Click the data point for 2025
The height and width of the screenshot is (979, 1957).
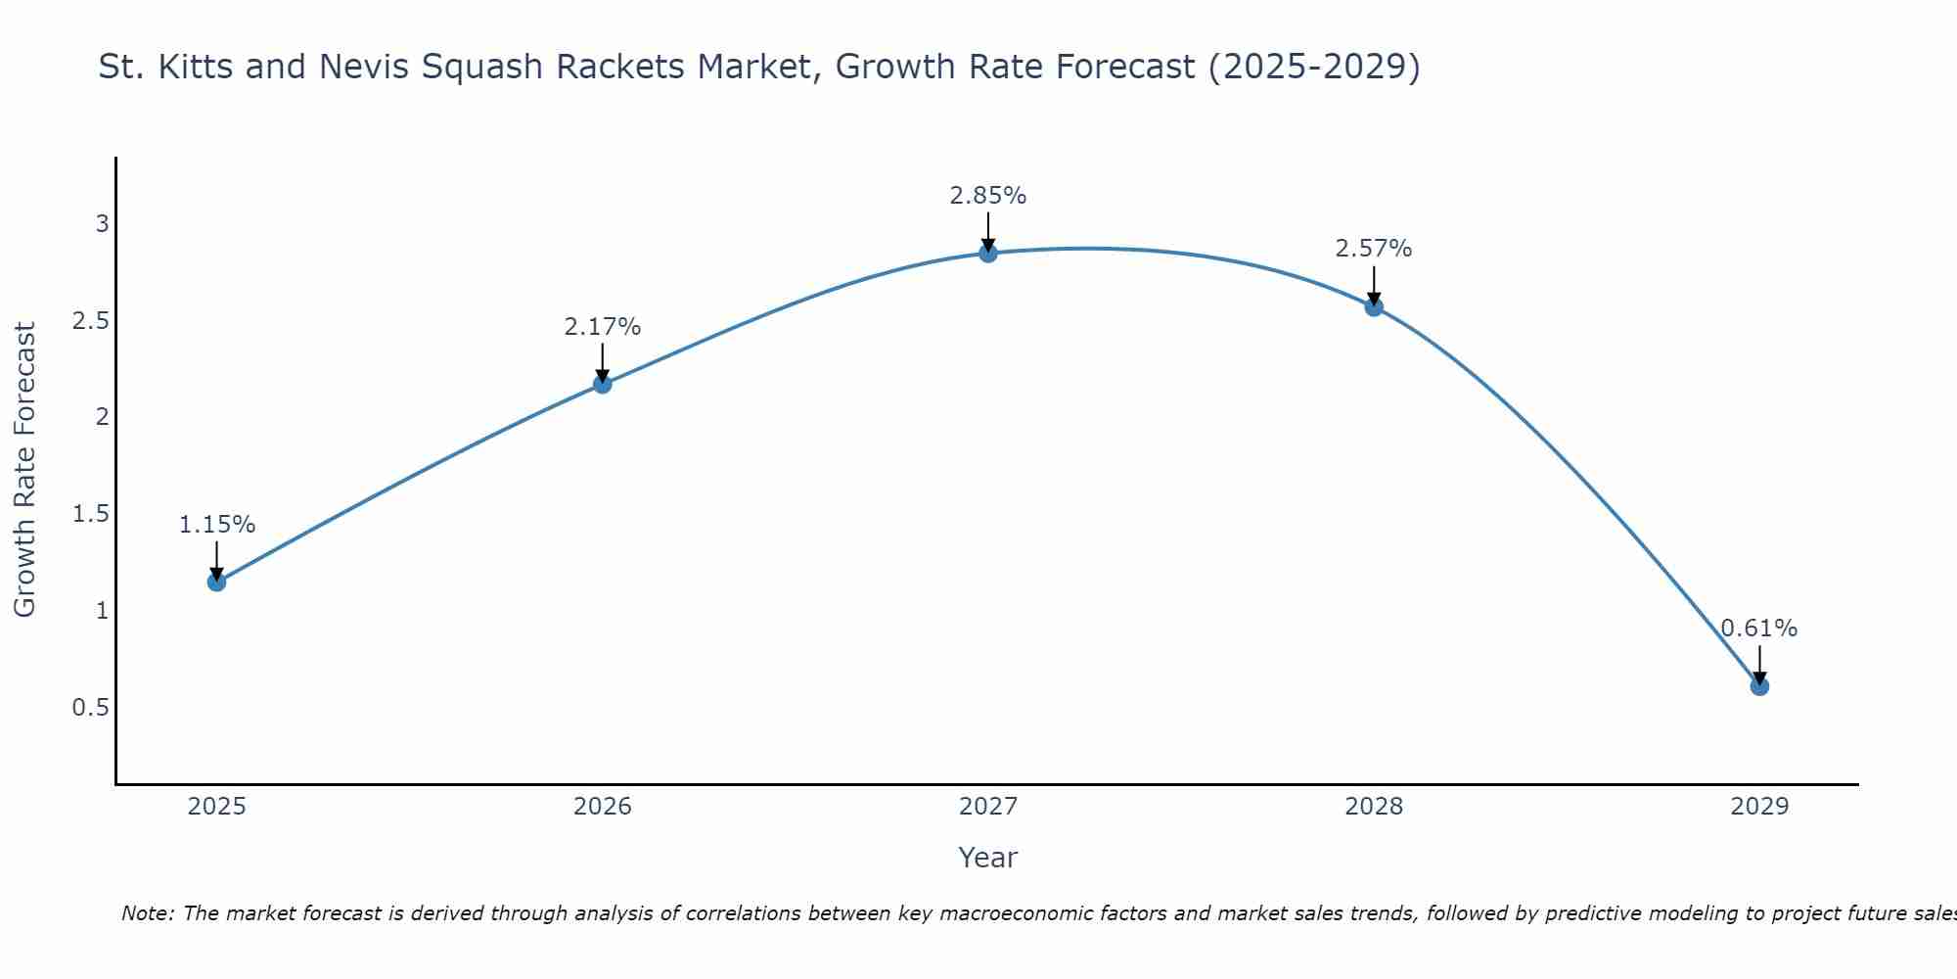coord(216,583)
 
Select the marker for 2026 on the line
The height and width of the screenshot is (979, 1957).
coord(603,384)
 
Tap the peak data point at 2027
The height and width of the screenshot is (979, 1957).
coord(988,254)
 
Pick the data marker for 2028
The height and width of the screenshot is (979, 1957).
coord(1374,307)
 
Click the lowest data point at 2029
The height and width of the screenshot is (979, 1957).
coord(1759,686)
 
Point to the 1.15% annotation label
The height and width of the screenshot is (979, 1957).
coord(216,525)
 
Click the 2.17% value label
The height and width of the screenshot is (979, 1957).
coord(603,327)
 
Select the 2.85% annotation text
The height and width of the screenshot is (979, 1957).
coord(988,196)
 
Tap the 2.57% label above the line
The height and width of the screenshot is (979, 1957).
coord(1374,249)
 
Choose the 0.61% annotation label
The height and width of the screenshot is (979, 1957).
coord(1759,629)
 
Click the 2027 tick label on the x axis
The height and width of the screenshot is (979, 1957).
coord(988,807)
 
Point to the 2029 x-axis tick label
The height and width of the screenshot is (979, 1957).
coord(1759,807)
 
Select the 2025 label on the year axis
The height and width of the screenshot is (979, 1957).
coord(216,807)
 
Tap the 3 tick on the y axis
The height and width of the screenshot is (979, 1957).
coord(102,224)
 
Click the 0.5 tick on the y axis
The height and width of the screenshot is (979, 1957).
coord(90,707)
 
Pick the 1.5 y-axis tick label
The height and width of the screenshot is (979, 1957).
coord(90,514)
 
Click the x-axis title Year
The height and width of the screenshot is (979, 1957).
coord(988,858)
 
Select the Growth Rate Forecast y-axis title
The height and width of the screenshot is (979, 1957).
coord(24,470)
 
